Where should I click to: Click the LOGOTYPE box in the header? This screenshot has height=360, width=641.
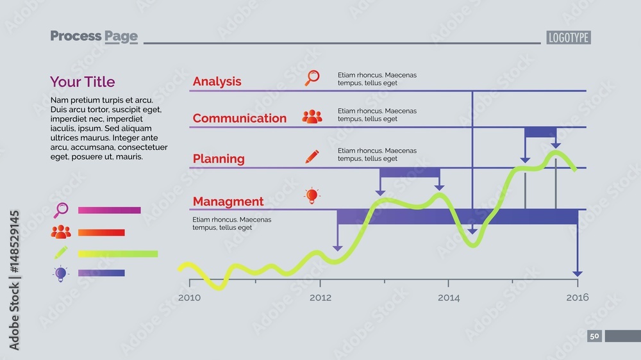click(x=568, y=38)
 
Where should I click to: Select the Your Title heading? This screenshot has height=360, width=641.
click(x=82, y=82)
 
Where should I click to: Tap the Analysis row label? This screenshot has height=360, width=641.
click(x=217, y=81)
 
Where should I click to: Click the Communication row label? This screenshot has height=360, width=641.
click(x=240, y=118)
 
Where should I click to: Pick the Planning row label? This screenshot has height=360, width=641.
click(x=219, y=159)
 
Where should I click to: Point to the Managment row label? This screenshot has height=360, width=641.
click(x=228, y=201)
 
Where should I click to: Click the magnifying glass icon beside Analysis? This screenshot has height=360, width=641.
click(x=312, y=78)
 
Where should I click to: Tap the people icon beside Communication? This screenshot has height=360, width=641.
click(x=312, y=117)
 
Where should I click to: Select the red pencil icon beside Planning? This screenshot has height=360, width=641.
click(x=312, y=156)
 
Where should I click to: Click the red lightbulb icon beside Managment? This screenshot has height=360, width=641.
click(x=312, y=196)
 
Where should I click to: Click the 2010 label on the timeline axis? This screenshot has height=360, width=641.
click(x=189, y=297)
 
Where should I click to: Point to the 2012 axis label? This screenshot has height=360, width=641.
click(x=320, y=297)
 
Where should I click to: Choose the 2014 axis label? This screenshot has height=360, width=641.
click(x=449, y=297)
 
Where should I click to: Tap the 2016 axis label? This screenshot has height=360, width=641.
click(x=578, y=297)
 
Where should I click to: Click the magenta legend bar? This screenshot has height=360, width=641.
click(x=109, y=210)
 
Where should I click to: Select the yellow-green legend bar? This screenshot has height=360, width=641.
click(x=118, y=254)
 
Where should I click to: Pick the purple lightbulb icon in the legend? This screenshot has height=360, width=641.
click(x=60, y=274)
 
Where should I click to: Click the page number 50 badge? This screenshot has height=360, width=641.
click(x=594, y=336)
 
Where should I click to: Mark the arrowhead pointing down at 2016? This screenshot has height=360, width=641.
click(x=578, y=274)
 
